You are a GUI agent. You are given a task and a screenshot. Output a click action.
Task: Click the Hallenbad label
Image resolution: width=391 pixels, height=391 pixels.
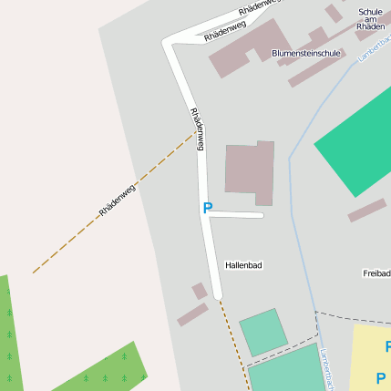pyautogui.click(x=243, y=265)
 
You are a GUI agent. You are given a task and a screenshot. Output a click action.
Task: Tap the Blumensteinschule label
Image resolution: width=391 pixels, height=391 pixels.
pyautogui.click(x=306, y=54)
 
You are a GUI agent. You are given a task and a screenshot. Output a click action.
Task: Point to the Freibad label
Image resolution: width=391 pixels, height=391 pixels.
pyautogui.click(x=376, y=273)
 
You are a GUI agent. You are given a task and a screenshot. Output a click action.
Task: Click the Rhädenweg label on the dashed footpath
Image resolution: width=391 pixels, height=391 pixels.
pyautogui.click(x=117, y=200)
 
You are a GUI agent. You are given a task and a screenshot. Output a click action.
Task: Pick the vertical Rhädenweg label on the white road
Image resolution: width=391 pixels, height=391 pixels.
pyautogui.click(x=197, y=129)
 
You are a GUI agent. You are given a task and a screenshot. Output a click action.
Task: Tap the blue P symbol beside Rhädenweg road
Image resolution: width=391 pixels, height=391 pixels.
pyautogui.click(x=208, y=209)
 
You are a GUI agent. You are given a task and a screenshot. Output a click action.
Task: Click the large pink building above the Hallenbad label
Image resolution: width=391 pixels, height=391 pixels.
pyautogui.click(x=249, y=170)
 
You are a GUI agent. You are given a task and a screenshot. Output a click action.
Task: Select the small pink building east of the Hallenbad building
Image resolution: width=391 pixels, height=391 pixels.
pyautogui.click(x=366, y=211)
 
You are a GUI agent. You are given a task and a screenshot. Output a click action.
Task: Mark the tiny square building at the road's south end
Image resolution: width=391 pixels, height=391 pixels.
pyautogui.click(x=199, y=291)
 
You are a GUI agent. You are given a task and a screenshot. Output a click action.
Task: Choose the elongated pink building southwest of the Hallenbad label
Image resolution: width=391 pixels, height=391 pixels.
pyautogui.click(x=192, y=314)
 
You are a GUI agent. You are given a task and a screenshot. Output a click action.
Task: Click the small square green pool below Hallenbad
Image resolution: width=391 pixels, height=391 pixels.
pyautogui.click(x=263, y=332)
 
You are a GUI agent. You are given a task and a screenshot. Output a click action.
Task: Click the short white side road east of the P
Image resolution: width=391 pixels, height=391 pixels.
pyautogui.click(x=238, y=215)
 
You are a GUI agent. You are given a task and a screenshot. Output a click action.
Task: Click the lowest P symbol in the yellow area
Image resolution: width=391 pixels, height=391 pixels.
pyautogui.click(x=381, y=377)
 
